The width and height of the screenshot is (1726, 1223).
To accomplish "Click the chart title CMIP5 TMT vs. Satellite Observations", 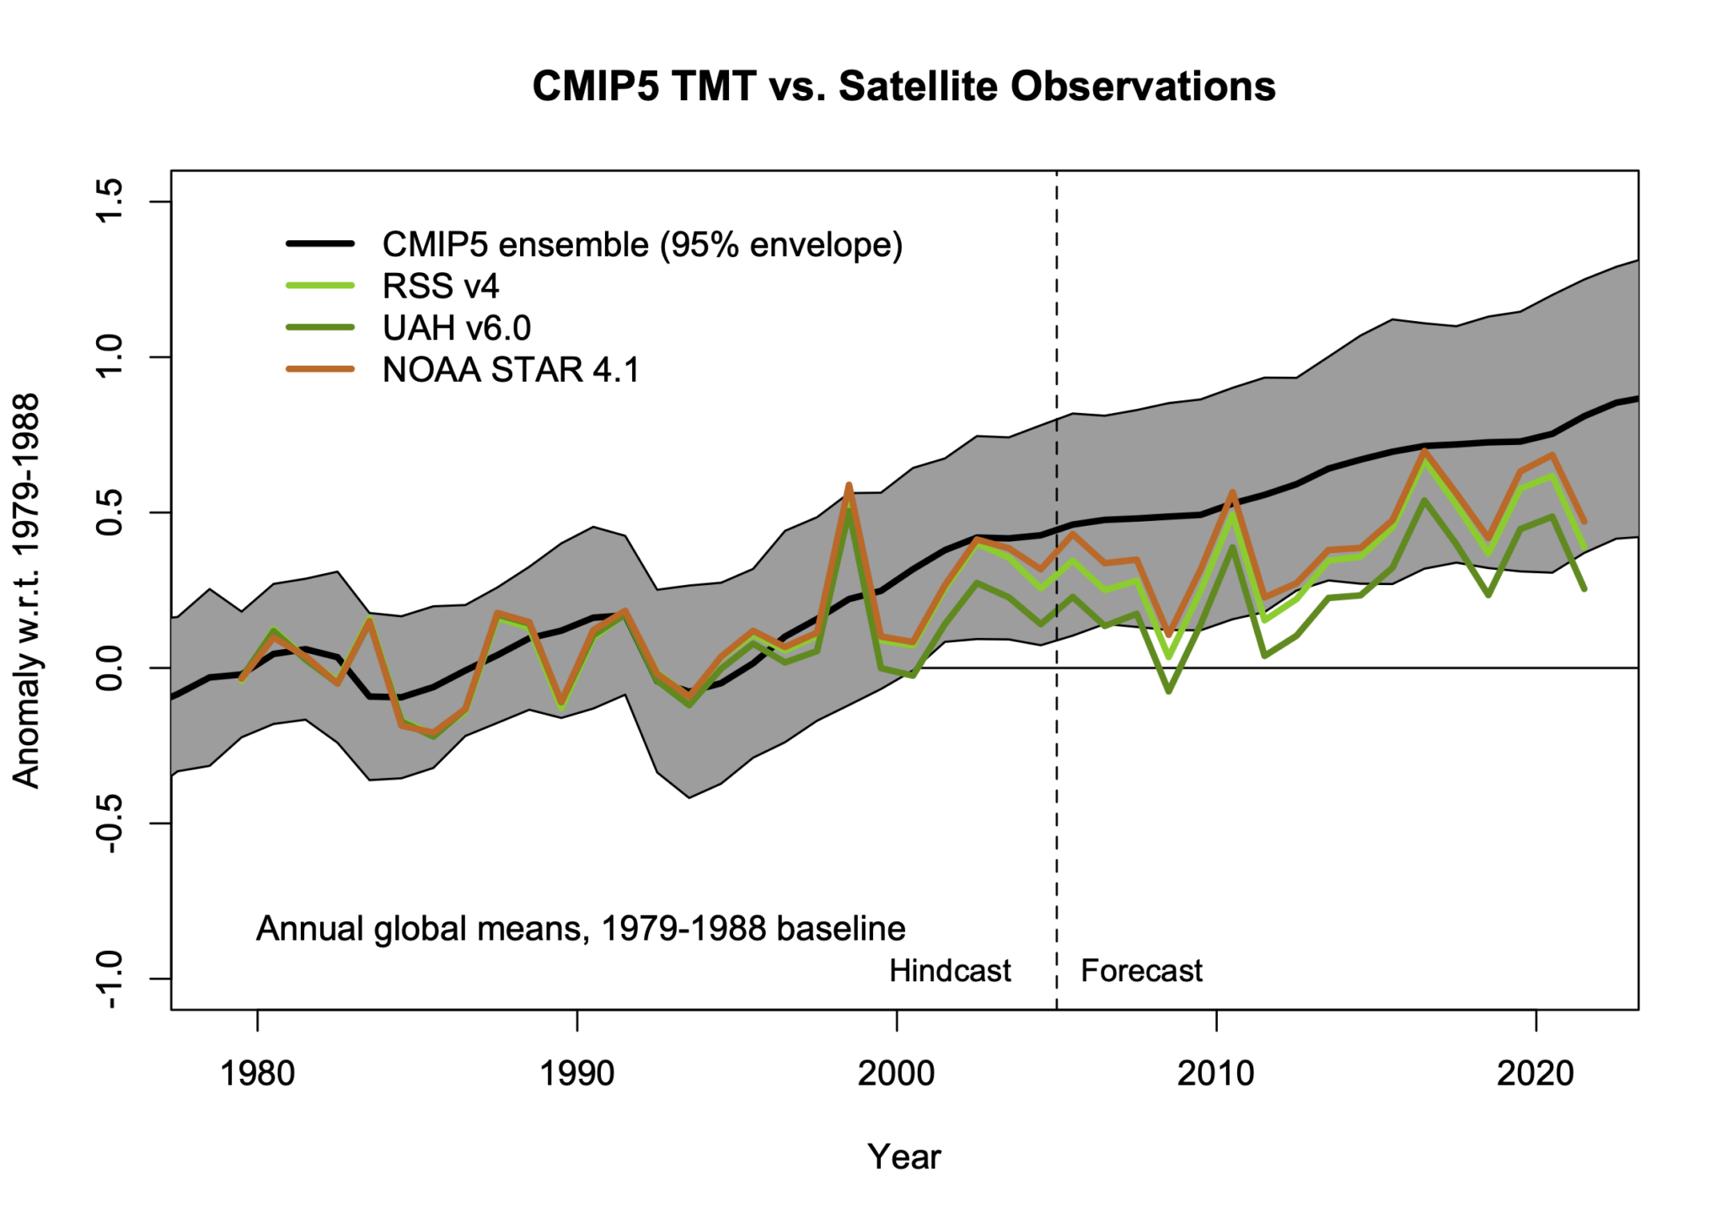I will click(903, 86).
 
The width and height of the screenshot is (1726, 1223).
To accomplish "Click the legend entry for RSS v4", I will click(440, 287).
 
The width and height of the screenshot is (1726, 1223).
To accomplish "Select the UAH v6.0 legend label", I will click(456, 328).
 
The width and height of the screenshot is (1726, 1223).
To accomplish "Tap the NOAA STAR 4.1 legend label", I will click(510, 370).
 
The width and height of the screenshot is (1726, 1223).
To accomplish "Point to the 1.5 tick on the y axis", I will click(110, 201).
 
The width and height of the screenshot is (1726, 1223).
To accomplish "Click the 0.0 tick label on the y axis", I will click(110, 668).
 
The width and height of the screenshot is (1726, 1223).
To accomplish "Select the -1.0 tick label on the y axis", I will click(110, 979).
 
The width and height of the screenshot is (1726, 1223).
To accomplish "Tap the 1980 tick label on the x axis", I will click(257, 1074).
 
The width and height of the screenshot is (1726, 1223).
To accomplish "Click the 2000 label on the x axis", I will click(896, 1074).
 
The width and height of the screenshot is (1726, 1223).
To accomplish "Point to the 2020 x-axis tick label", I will click(1535, 1074).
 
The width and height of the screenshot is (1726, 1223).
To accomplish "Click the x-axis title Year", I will click(903, 1156).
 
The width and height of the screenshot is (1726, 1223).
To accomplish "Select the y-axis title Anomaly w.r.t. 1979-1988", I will click(27, 590).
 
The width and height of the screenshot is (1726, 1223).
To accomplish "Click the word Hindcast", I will click(949, 971).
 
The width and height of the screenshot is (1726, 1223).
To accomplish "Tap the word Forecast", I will click(1141, 971).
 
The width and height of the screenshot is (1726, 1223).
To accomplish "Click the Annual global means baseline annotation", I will click(580, 929).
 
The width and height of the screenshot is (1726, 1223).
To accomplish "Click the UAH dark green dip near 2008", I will click(1169, 691).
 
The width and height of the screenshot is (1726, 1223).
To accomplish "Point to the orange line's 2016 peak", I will click(1423, 451).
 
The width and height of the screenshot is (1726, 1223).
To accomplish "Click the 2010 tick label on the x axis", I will click(1215, 1074).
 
